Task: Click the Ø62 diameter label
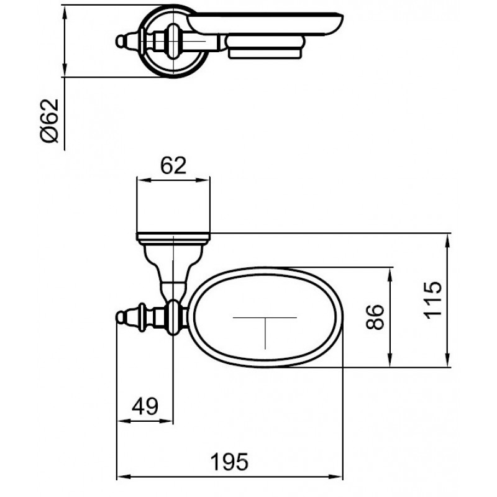point(50,121)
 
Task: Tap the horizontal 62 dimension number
point(173,165)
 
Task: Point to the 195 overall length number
point(230,462)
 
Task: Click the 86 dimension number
point(375,317)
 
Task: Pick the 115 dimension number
point(432,300)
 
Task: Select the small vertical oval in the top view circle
point(173,41)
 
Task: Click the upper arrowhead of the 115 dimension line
point(447,241)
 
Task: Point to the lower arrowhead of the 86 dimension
point(390,360)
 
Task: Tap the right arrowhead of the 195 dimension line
point(335,476)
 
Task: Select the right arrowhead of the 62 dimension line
point(203,180)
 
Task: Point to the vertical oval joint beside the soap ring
point(173,317)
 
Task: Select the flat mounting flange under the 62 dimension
point(173,237)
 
